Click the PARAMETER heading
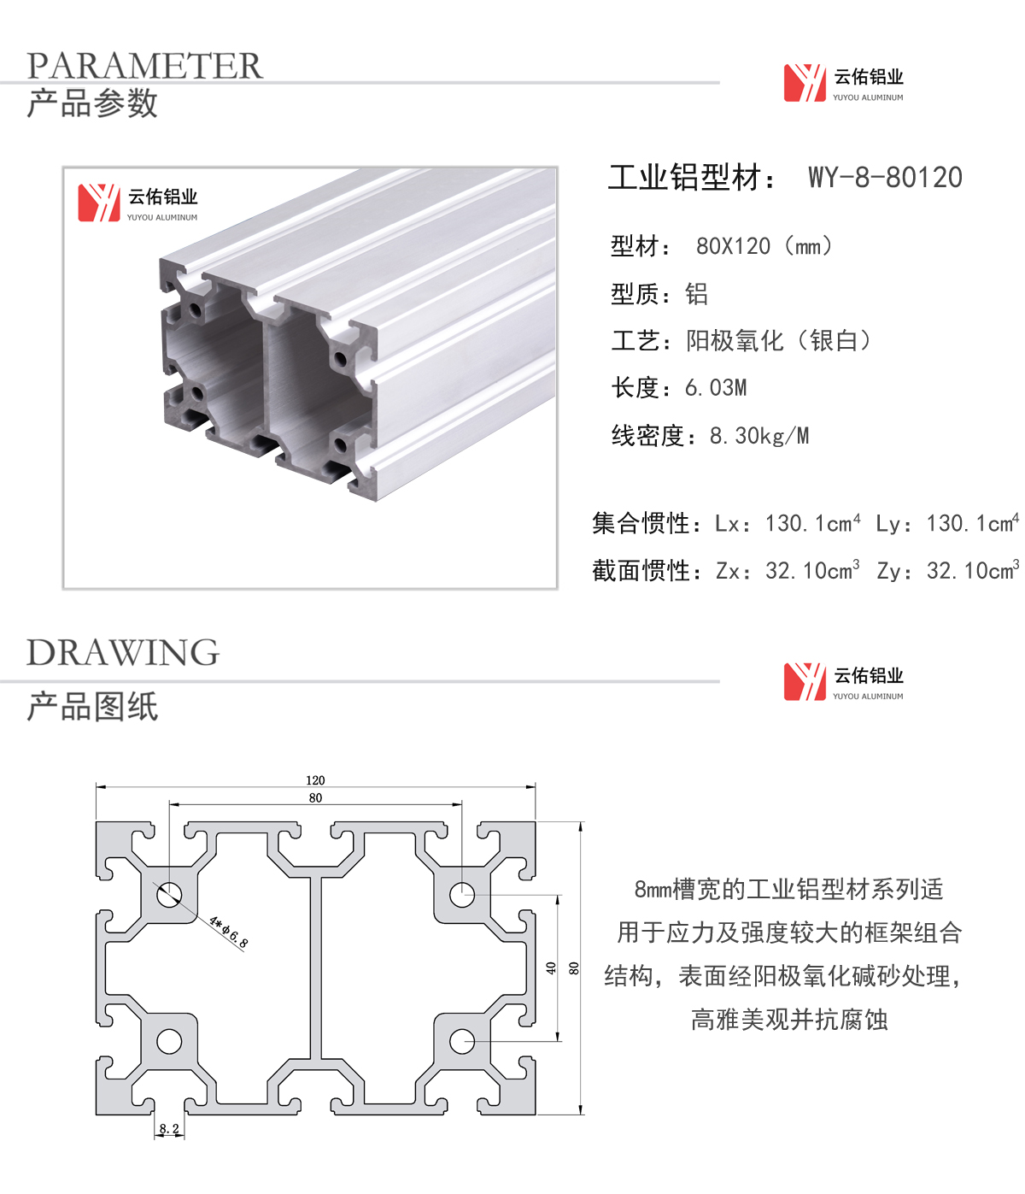coord(144,65)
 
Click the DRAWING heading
coord(123,652)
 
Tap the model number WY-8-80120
coord(885,177)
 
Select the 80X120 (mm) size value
coord(764,246)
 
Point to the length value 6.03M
coord(716,388)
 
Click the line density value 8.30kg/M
coord(758,436)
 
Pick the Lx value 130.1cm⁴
coord(812,523)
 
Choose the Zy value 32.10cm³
coord(973,570)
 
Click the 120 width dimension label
coord(315,780)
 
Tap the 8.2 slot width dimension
coord(169,1129)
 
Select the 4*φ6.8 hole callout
coord(229,932)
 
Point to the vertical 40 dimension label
coord(551,968)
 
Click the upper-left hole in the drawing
coord(169,896)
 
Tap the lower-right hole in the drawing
coord(461,1042)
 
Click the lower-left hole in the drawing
coord(169,1042)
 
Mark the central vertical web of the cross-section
coord(315,968)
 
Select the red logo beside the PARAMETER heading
coord(805,83)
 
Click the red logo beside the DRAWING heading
coord(805,682)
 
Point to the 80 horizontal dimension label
coord(315,797)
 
